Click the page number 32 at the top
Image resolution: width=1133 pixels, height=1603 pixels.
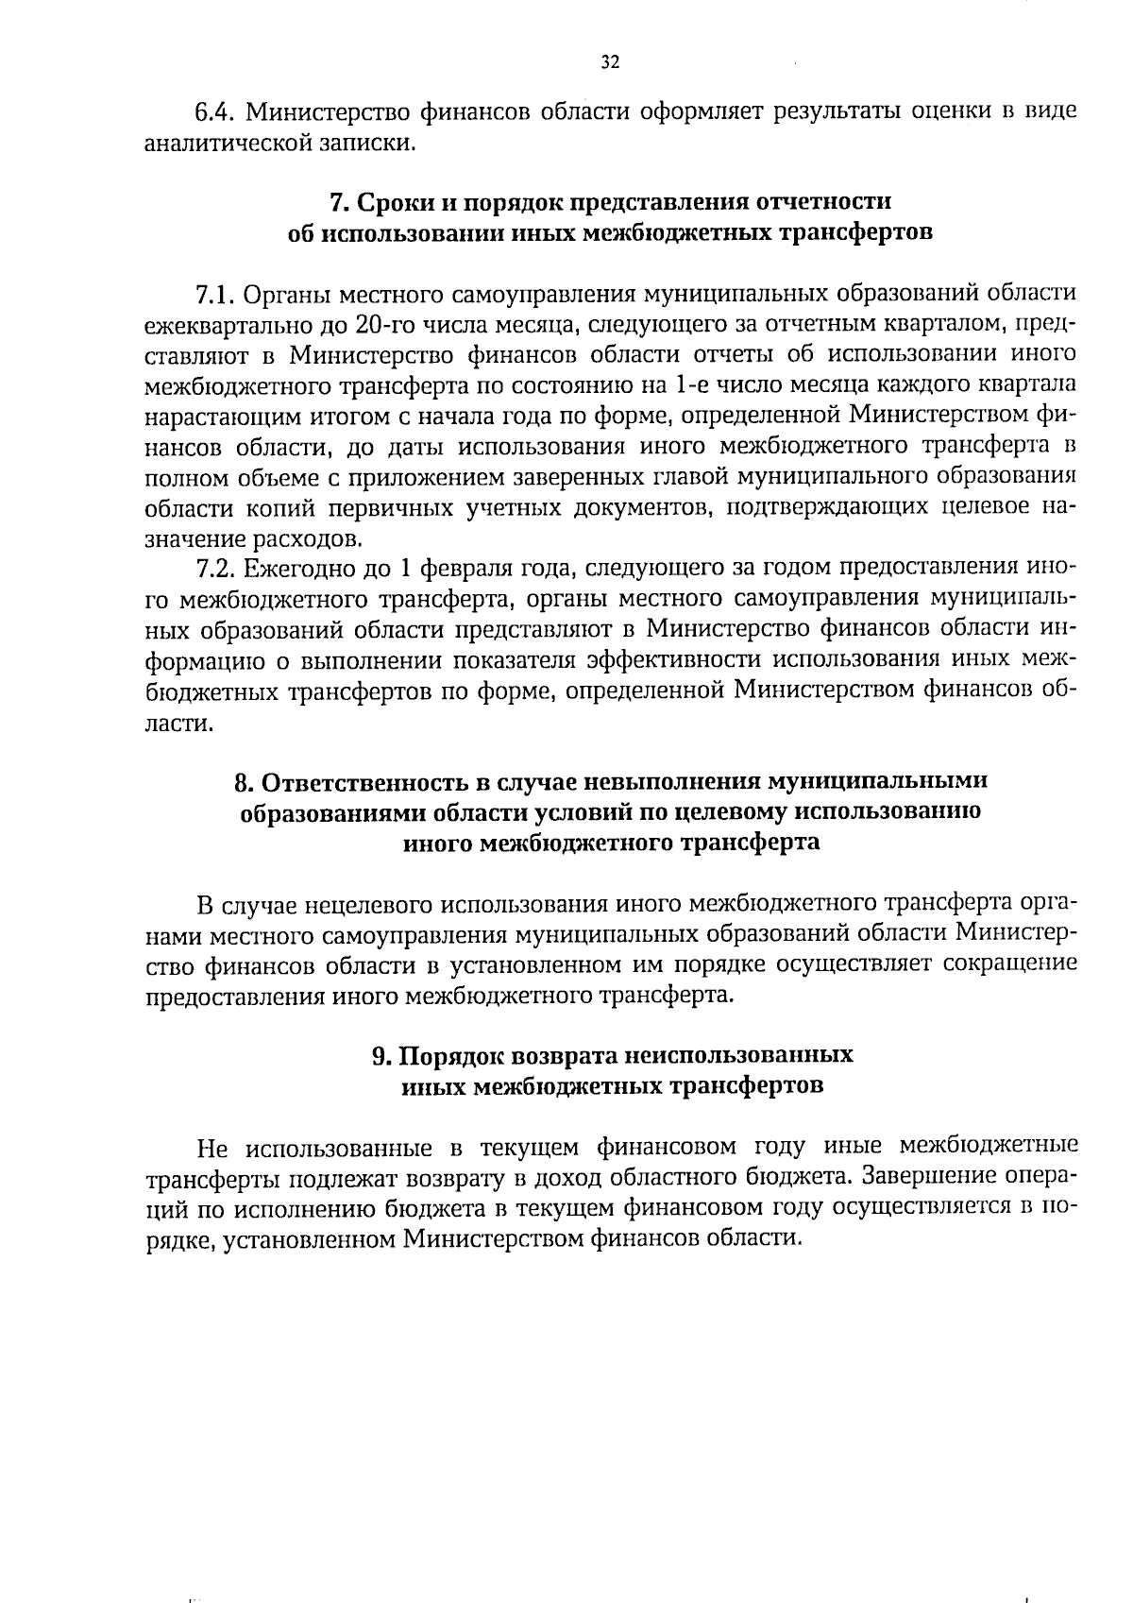pyautogui.click(x=609, y=62)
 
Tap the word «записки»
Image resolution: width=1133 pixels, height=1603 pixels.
pyautogui.click(x=370, y=144)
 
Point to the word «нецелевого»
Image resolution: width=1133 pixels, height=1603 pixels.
pyautogui.click(x=370, y=905)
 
